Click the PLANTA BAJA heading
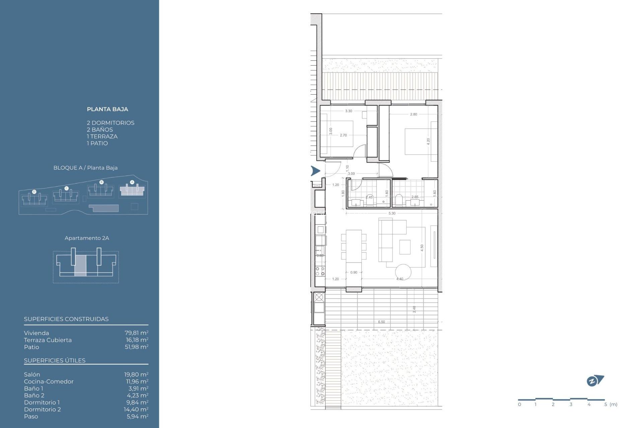107,109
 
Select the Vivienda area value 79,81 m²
136,333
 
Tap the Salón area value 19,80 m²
136,374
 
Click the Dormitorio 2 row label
42,409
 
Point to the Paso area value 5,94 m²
137,416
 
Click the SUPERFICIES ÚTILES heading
55,360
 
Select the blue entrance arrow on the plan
315,171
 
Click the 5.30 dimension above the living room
392,213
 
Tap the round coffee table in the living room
403,272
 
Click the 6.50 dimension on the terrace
381,322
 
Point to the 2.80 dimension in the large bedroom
414,114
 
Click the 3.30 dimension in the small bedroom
349,111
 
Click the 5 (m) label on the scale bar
611,405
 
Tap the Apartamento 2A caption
87,238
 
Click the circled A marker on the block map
132,182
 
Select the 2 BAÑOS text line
100,130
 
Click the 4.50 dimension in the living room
422,248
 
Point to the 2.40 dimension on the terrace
414,309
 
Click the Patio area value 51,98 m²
136,347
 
